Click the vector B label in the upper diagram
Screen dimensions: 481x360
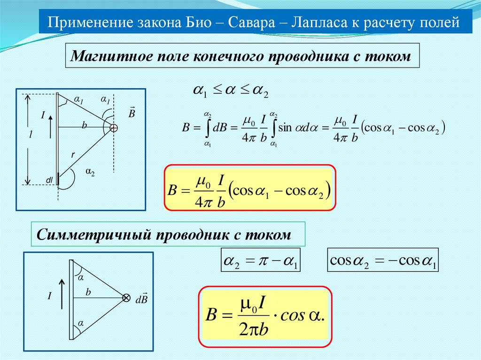pos(132,113)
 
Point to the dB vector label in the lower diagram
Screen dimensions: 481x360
pos(141,299)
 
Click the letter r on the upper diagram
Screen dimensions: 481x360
pos(73,154)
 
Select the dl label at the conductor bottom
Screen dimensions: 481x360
pos(49,180)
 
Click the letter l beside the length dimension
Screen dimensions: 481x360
pos(31,134)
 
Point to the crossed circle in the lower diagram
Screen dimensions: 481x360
pos(126,298)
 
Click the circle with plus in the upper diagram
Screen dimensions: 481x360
pos(114,127)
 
